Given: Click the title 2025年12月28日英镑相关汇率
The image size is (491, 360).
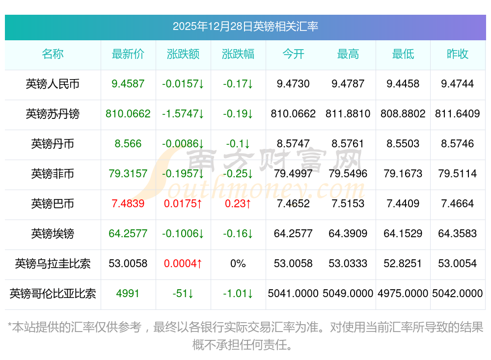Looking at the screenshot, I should tap(245, 26).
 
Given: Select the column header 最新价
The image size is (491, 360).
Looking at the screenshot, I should tap(128, 54).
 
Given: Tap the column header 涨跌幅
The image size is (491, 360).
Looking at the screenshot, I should tap(238, 54).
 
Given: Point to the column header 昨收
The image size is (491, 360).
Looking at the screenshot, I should tap(458, 54).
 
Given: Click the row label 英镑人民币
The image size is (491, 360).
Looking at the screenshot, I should tap(53, 84).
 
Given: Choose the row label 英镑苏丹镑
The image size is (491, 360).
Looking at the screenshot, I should tap(53, 114).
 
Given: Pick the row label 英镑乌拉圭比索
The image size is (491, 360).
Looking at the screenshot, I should tap(53, 264).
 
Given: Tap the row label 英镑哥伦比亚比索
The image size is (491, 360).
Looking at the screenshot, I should tap(53, 294).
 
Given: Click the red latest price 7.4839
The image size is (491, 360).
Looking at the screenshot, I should tap(128, 203).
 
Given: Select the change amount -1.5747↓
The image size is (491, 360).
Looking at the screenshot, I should tap(183, 114).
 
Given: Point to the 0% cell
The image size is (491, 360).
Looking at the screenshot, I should tap(238, 264).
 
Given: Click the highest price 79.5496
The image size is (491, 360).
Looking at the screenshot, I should tap(348, 173).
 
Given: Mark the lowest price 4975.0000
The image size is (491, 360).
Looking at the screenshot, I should tap(403, 294).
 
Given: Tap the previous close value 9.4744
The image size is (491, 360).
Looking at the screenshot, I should tap(458, 84).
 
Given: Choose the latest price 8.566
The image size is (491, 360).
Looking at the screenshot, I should tap(128, 144).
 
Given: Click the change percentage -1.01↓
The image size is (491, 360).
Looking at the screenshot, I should tap(238, 294).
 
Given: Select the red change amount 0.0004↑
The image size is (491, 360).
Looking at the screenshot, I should tap(183, 264).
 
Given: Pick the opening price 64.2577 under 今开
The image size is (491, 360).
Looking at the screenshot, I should tap(293, 233).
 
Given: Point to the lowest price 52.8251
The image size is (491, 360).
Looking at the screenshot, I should tap(403, 264).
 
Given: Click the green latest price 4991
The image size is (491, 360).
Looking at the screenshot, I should tap(128, 294).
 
